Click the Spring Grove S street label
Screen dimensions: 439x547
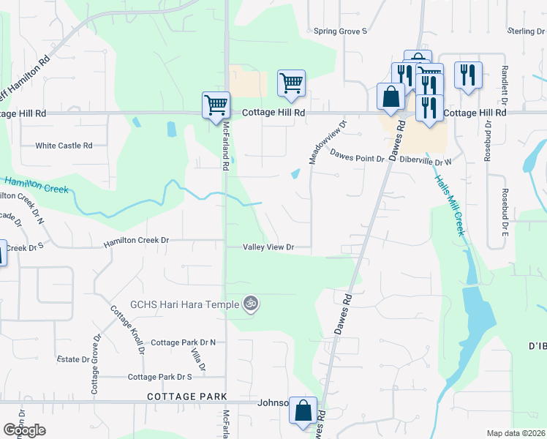(x=340, y=31)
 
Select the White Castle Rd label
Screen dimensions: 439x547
(x=64, y=146)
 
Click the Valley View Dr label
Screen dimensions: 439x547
(x=268, y=247)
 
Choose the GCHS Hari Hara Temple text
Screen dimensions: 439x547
(x=185, y=303)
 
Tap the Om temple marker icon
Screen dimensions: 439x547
(x=250, y=303)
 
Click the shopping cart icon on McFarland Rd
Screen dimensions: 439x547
(x=216, y=104)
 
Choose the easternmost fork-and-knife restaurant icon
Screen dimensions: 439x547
(x=467, y=75)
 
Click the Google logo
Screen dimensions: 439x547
(x=24, y=430)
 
